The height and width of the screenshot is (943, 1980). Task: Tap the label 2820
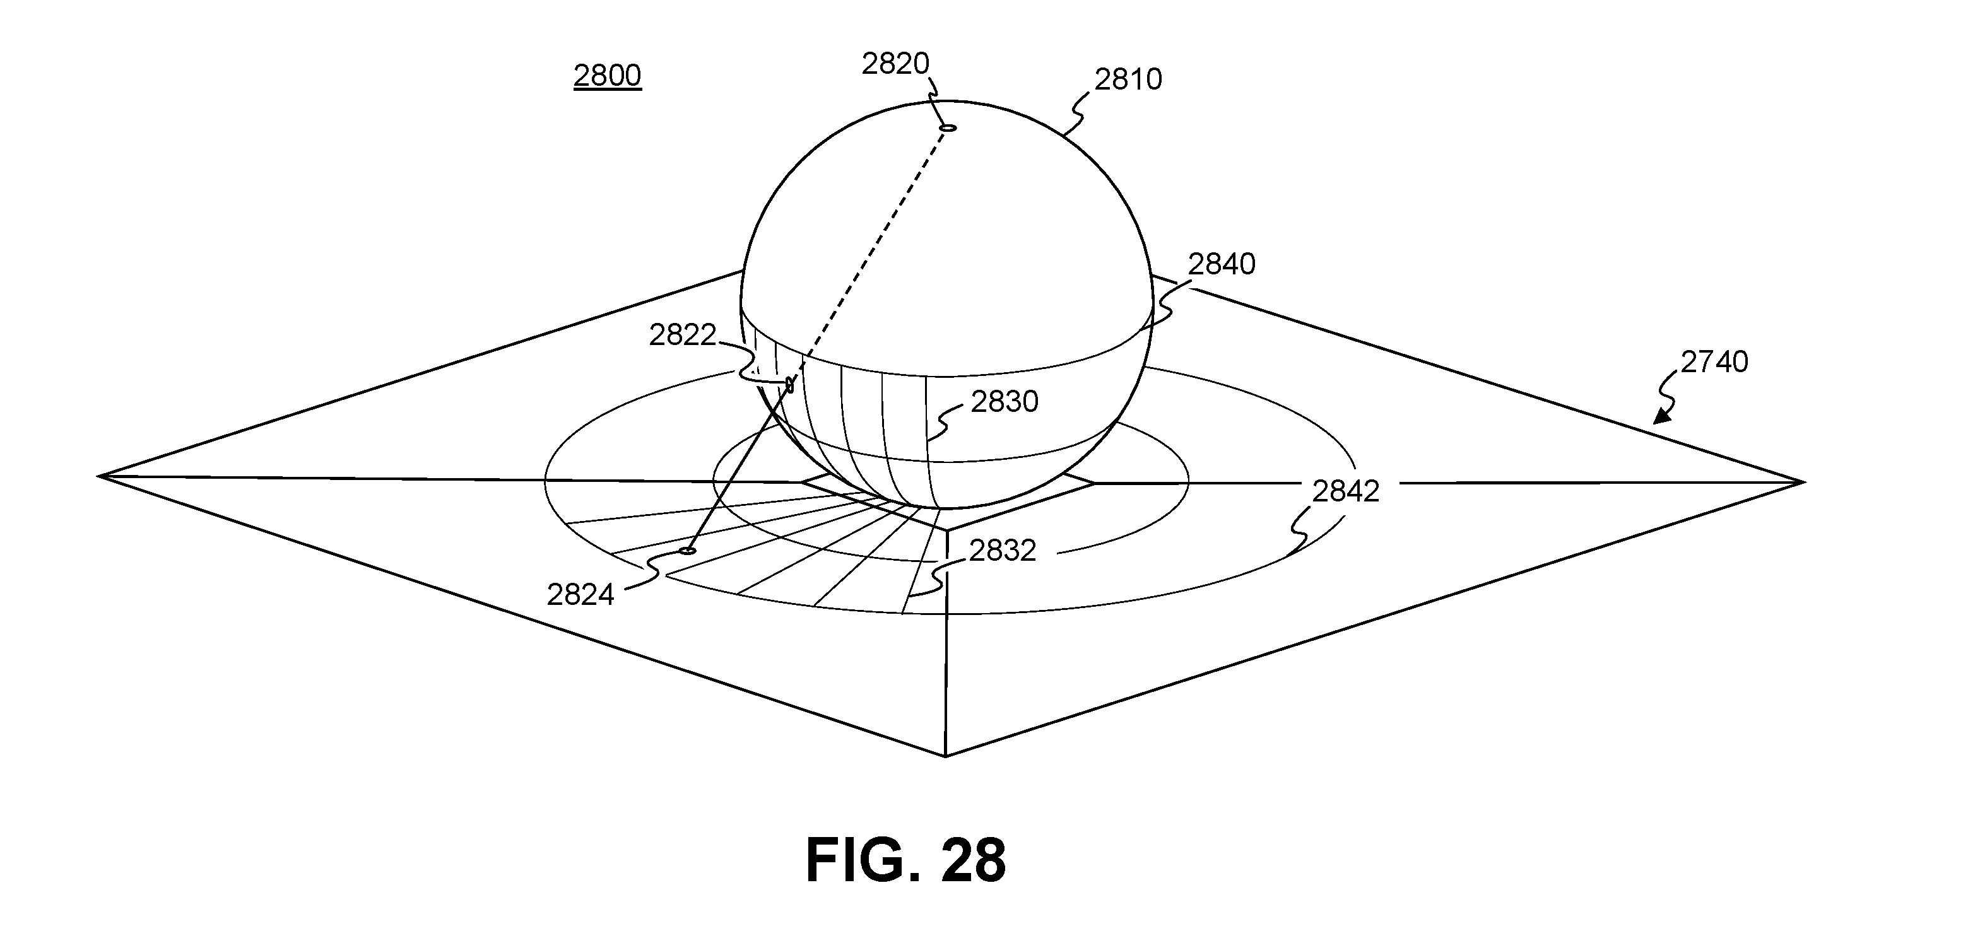pyautogui.click(x=895, y=64)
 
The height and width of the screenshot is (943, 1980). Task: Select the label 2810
pyautogui.click(x=1128, y=79)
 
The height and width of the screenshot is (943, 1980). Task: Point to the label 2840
pyautogui.click(x=1222, y=264)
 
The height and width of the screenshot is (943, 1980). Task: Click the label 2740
pyautogui.click(x=1714, y=362)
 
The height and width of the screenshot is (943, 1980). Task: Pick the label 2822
pyautogui.click(x=683, y=335)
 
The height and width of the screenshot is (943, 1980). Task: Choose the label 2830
pyautogui.click(x=1004, y=401)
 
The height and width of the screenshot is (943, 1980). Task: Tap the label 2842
pyautogui.click(x=1345, y=491)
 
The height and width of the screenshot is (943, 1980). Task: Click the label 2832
pyautogui.click(x=1002, y=550)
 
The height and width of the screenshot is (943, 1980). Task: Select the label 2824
pyautogui.click(x=580, y=595)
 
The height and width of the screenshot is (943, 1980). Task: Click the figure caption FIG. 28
pyautogui.click(x=905, y=861)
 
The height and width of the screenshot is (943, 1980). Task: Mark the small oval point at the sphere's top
pyautogui.click(x=948, y=127)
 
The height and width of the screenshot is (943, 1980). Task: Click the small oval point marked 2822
pyautogui.click(x=789, y=384)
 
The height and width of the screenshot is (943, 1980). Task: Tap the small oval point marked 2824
pyautogui.click(x=688, y=550)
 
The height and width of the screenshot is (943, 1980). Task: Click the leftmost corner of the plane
pyautogui.click(x=98, y=476)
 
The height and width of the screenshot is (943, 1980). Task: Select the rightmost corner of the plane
pyautogui.click(x=1804, y=483)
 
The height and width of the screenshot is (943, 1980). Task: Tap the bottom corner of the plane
pyautogui.click(x=945, y=756)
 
